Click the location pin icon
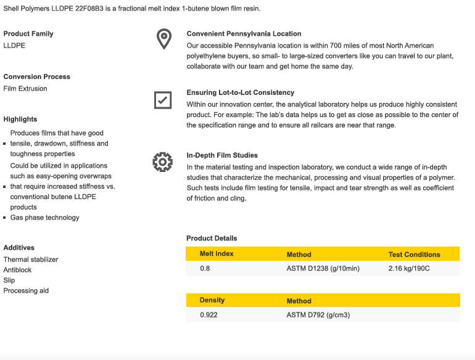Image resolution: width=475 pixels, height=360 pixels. [163, 39]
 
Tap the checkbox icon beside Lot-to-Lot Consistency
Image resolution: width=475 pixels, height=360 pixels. [163, 99]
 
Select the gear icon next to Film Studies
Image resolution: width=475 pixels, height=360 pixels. [163, 162]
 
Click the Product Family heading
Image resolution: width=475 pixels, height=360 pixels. [28, 34]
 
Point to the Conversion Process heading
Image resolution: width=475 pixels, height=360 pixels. [37, 77]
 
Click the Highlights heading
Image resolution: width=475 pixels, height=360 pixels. [20, 120]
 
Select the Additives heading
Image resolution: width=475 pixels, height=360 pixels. [19, 248]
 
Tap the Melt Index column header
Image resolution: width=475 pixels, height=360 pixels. [217, 254]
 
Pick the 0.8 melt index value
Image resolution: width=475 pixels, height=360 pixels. [205, 269]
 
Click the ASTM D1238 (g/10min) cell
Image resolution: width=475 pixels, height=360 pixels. [323, 269]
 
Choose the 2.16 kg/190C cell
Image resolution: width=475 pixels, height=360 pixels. [409, 269]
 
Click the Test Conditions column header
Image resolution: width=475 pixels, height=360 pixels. [414, 255]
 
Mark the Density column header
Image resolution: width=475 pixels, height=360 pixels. [212, 300]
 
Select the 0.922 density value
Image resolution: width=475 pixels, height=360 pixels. [209, 315]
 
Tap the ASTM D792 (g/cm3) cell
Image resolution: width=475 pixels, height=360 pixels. [318, 315]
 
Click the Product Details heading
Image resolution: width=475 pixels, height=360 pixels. [212, 238]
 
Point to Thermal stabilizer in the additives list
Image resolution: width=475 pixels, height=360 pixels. [31, 260]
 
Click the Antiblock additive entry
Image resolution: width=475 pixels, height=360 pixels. [17, 270]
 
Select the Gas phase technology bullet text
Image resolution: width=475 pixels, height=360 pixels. [44, 218]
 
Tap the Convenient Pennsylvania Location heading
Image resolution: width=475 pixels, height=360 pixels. [244, 34]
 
